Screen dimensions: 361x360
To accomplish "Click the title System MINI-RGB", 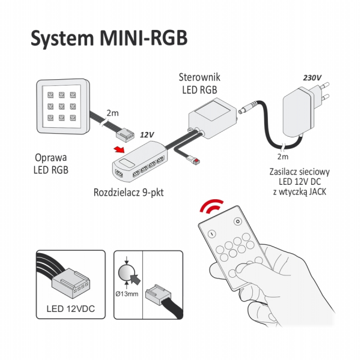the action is coord(109,38).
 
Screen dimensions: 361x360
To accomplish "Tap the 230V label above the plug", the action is coord(312,78).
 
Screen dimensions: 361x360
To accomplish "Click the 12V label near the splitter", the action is coord(147,135).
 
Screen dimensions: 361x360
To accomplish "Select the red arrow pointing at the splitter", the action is coord(119,149).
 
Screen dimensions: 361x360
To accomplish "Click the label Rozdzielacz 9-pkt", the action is coord(129,193).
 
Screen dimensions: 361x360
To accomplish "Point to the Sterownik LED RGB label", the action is coord(199,83).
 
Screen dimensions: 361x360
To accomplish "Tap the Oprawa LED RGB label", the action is coord(51,164).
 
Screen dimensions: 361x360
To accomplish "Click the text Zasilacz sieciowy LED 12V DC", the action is coord(300,176).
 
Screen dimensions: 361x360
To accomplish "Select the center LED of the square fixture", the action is coord(61,106).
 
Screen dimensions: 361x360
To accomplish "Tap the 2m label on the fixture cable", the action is coord(112,113).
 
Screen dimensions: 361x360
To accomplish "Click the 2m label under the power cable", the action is coord(283,157).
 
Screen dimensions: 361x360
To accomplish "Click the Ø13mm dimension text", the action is coord(127,293).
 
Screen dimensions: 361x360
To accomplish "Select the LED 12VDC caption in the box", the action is coord(71,309).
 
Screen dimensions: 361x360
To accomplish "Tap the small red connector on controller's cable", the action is coord(196,161).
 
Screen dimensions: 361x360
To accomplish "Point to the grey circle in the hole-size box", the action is coord(126,272).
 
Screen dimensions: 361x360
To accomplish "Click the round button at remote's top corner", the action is coord(237,222).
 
